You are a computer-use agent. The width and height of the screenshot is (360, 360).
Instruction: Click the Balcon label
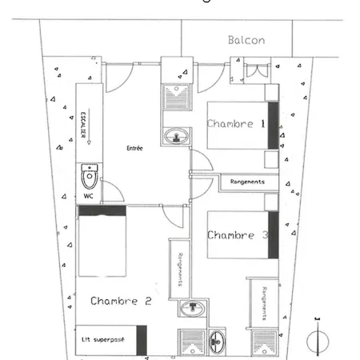click(x=246, y=40)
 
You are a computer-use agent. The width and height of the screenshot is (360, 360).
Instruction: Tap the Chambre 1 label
click(x=236, y=124)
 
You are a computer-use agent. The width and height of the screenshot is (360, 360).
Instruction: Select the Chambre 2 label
click(x=121, y=301)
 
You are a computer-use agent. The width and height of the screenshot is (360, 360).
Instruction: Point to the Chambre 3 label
click(x=238, y=235)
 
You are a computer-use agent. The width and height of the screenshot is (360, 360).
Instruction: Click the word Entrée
click(x=134, y=148)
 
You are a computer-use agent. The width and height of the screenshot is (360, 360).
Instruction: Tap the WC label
click(x=88, y=196)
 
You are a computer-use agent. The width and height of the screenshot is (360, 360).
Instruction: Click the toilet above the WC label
click(x=90, y=177)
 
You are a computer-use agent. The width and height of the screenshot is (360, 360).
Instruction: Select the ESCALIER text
click(x=83, y=125)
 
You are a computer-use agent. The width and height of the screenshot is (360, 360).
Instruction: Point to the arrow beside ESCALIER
click(x=89, y=126)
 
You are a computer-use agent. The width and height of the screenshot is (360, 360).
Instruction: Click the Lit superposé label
click(x=102, y=340)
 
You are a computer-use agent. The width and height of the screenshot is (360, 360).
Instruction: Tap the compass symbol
click(x=318, y=338)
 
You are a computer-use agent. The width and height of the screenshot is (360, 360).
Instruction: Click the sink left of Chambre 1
click(x=176, y=136)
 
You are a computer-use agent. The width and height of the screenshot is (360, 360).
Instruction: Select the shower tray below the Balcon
click(x=177, y=97)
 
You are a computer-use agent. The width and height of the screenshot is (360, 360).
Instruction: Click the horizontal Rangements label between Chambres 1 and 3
click(x=247, y=182)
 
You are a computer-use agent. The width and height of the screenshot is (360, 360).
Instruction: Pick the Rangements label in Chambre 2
click(x=180, y=270)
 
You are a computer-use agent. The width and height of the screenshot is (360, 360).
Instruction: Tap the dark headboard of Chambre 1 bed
click(x=274, y=126)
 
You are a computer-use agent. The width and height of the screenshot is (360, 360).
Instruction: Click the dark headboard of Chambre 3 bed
click(x=274, y=235)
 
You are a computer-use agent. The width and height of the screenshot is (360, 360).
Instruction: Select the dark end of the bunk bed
click(x=142, y=340)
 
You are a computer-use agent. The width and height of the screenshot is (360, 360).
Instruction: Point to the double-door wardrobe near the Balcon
click(x=257, y=70)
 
